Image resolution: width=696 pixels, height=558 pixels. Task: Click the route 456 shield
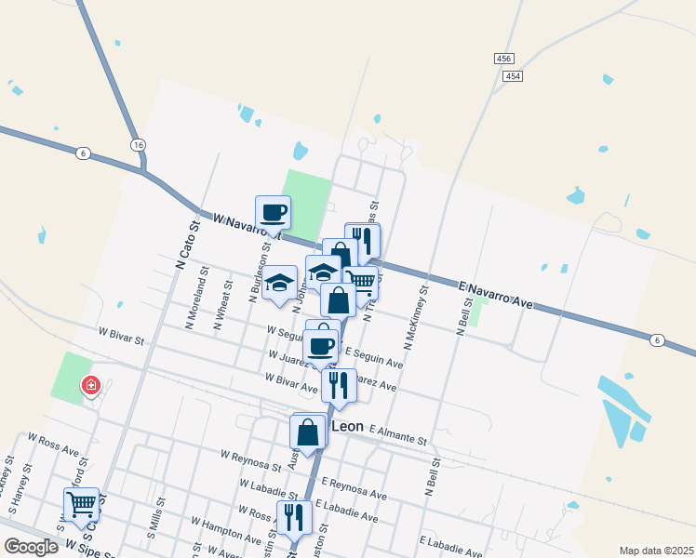503,58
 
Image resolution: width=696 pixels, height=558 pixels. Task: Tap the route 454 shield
513,76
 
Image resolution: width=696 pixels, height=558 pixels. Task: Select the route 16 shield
138,145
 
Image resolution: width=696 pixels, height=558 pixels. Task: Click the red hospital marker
90,385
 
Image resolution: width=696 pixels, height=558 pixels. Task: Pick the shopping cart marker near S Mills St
82,504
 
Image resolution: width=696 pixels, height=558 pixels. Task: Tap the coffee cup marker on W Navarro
274,212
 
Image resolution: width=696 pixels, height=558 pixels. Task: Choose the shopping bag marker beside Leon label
308,432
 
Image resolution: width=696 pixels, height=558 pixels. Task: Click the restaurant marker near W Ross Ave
294,516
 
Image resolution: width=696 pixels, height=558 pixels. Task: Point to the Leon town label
347,425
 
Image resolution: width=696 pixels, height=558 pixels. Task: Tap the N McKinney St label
416,311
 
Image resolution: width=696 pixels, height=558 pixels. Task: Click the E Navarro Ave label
496,291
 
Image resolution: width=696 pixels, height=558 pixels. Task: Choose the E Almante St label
397,432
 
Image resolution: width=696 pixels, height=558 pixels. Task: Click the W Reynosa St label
250,457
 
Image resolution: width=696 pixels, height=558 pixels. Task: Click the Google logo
31,547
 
